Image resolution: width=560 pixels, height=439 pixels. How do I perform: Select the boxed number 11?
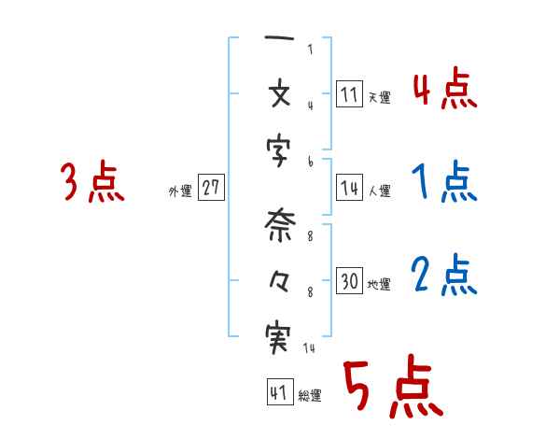[349, 94]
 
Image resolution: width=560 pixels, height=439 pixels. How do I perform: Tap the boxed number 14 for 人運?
[349, 188]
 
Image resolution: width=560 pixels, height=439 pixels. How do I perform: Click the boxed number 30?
[349, 280]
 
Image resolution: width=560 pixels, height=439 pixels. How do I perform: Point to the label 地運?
[379, 284]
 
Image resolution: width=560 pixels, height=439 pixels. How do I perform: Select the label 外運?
[180, 191]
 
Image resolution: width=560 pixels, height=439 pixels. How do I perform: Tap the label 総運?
[309, 396]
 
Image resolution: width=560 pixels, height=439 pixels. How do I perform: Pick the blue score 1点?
[443, 183]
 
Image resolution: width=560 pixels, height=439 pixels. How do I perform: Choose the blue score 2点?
[443, 275]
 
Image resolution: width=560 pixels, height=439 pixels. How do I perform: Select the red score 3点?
[92, 182]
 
